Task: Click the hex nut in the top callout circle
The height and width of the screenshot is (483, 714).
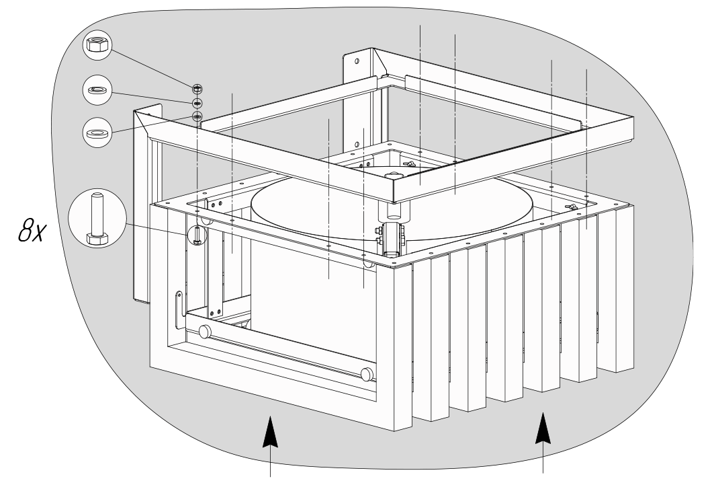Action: click(x=97, y=45)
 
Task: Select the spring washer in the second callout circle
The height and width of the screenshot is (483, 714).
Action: click(x=97, y=90)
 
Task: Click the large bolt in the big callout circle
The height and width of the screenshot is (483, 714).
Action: click(x=97, y=220)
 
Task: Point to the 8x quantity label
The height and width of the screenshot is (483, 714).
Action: click(x=32, y=230)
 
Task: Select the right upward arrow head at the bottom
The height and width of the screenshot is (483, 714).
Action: click(x=543, y=428)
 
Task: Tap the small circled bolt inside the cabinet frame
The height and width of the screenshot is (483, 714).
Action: click(x=197, y=235)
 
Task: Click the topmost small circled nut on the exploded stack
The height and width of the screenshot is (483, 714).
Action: click(x=197, y=88)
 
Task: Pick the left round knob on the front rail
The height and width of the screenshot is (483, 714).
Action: click(x=205, y=331)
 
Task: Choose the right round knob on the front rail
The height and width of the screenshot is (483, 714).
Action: click(x=367, y=375)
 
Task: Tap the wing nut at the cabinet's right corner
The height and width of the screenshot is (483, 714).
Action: click(x=572, y=207)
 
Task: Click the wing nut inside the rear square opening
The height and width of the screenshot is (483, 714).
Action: click(x=410, y=164)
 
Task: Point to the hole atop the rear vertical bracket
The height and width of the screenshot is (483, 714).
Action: click(x=357, y=61)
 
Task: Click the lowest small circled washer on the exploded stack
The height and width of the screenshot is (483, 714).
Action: click(x=197, y=116)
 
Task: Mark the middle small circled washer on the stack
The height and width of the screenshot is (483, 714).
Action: click(x=197, y=103)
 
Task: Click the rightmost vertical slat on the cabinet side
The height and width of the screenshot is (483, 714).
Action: click(x=624, y=288)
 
